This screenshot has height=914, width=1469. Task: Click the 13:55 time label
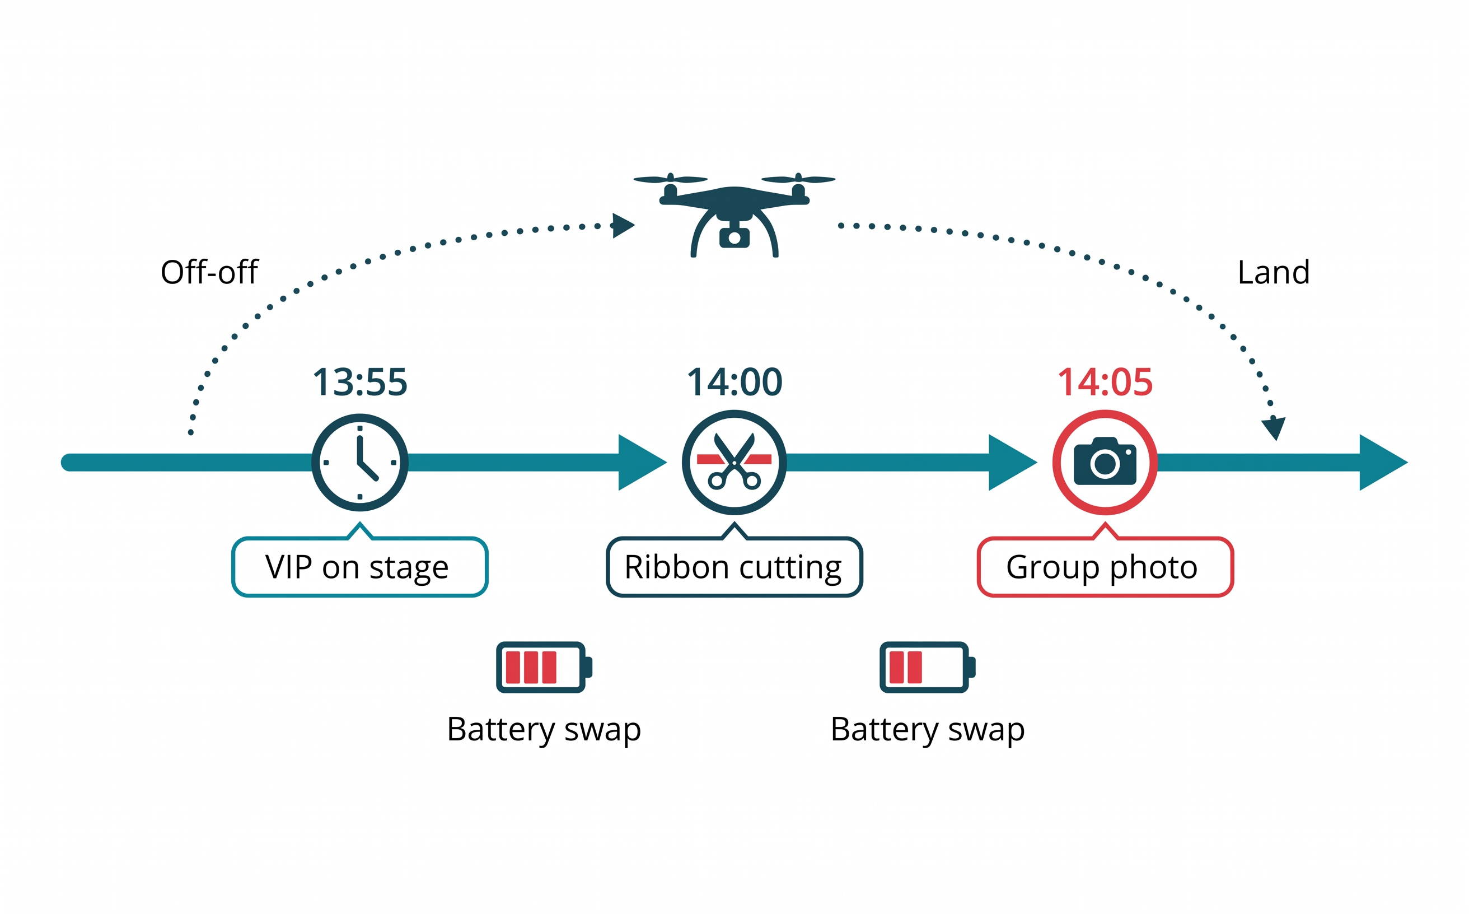[x=360, y=382]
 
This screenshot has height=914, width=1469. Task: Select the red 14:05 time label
[x=1105, y=382]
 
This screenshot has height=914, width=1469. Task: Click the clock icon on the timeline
[x=360, y=463]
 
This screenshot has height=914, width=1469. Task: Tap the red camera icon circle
[x=1105, y=463]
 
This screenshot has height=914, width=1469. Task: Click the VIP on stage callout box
[x=359, y=567]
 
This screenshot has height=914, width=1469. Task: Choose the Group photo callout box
[x=1105, y=567]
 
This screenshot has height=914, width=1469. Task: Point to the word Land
[x=1273, y=272]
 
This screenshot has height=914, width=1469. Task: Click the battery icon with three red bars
[x=543, y=668]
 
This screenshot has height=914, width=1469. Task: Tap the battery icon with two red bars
[x=927, y=668]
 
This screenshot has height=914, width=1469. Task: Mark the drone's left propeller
[x=670, y=180]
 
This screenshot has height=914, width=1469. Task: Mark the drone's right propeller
[x=798, y=180]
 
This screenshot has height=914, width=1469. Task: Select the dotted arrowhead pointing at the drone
[x=623, y=226]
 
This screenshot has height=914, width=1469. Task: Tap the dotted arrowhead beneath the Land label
[x=1274, y=427]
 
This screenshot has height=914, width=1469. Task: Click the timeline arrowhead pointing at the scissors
[x=641, y=463]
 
